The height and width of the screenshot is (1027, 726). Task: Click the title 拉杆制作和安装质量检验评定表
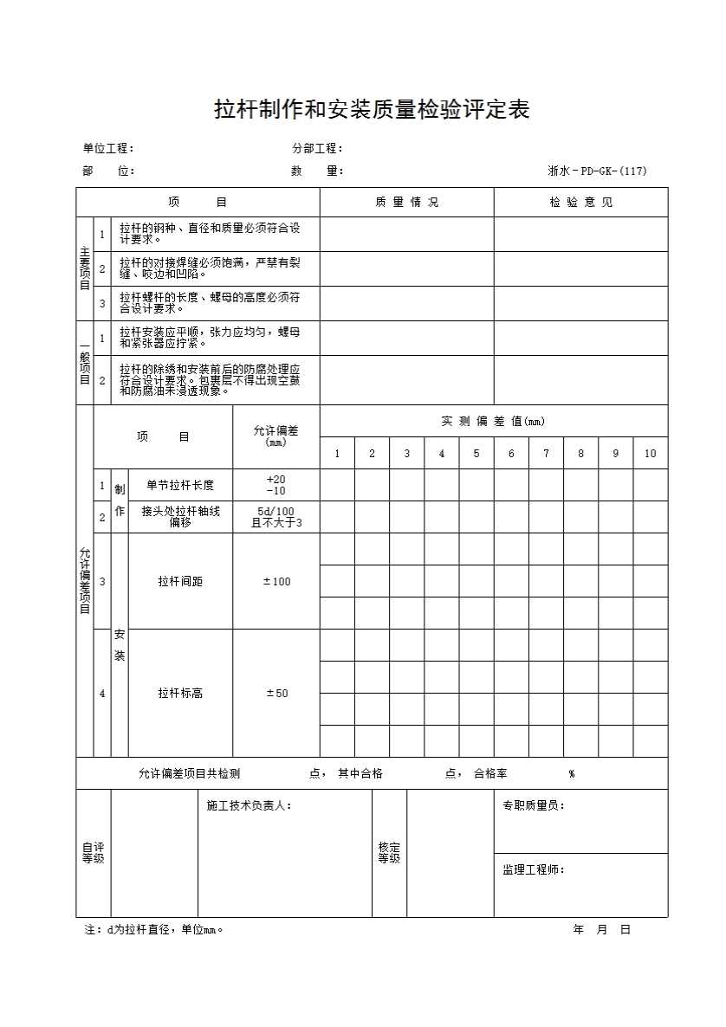pos(372,110)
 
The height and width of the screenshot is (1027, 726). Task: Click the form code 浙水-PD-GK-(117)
pos(597,171)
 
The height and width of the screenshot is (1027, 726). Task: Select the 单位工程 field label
pos(108,148)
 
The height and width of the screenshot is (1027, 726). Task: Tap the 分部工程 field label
pos(318,148)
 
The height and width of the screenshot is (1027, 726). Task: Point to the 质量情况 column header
pos(407,203)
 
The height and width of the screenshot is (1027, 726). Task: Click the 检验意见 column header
pos(580,203)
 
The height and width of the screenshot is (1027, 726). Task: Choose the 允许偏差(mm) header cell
pos(275,436)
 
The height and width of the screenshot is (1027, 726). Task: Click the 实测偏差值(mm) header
pos(494,422)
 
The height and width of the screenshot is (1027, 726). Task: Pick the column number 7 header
pos(546,454)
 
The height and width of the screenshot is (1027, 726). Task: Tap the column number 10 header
pos(650,454)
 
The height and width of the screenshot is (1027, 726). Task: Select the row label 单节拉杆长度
pos(180,485)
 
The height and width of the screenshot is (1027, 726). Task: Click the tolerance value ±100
pos(276,582)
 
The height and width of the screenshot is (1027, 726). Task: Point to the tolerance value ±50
pos(276,694)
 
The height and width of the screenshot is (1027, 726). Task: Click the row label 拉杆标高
pos(180,694)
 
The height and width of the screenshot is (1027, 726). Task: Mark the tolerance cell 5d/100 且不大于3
pos(276,517)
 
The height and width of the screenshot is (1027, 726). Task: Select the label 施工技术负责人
pos(250,806)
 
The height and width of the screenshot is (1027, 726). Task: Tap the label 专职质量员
pos(534,806)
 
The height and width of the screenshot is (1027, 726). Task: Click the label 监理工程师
pos(534,869)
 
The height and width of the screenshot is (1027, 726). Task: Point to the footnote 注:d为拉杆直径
pos(154,930)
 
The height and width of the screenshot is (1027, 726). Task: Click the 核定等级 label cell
pos(389,853)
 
